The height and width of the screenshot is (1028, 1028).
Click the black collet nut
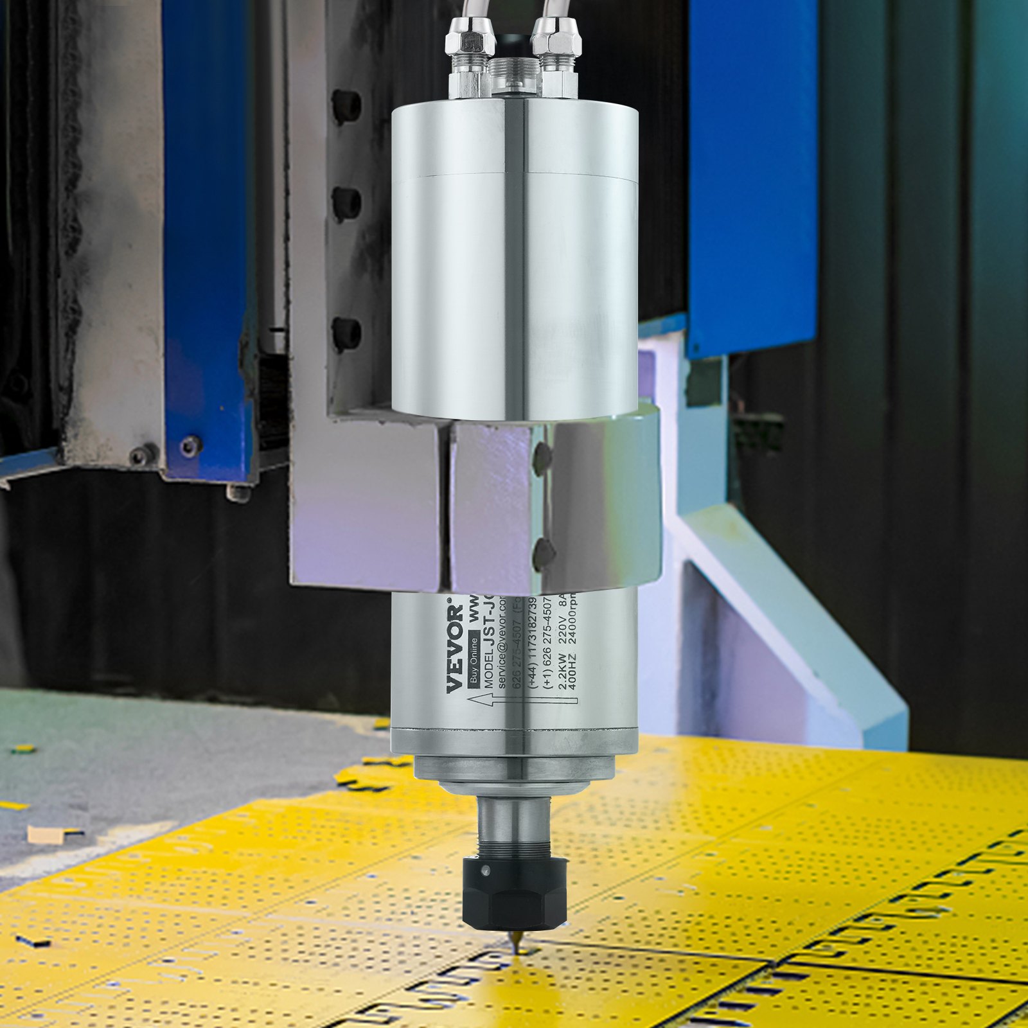pos(515,890)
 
